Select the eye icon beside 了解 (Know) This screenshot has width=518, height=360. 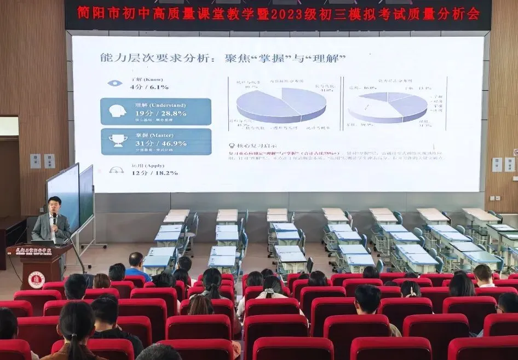[114, 83]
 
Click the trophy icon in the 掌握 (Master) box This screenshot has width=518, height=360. [117, 140]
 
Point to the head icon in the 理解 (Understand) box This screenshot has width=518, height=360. [117, 111]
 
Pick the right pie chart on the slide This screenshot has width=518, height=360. [388, 106]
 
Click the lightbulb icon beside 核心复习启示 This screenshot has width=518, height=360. [232, 146]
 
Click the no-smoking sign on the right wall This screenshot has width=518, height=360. [515, 152]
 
